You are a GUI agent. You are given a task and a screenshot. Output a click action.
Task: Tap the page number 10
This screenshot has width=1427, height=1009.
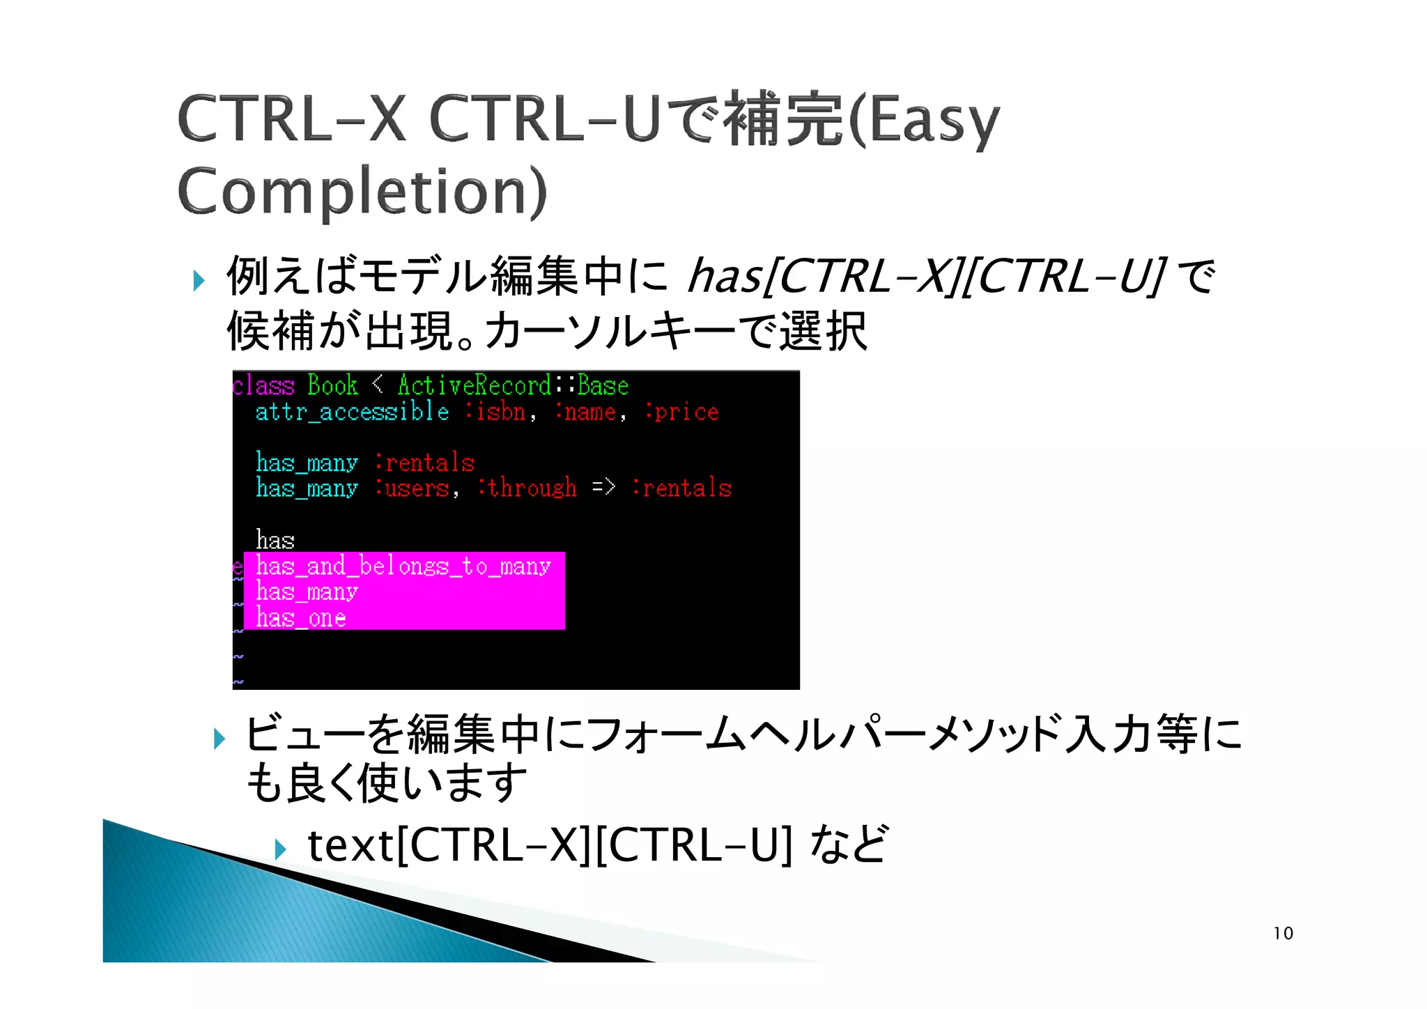point(1283,933)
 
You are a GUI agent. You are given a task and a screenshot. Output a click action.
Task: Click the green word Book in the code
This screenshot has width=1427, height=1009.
point(332,385)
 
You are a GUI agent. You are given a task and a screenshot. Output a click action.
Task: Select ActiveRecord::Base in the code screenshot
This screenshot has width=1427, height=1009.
point(513,385)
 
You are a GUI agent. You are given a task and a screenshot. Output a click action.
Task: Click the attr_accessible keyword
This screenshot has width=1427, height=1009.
point(352,412)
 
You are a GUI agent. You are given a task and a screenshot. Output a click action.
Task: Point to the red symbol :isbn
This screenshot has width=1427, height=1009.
point(496,412)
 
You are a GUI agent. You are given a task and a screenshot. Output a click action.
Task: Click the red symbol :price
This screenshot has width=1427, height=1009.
point(681,412)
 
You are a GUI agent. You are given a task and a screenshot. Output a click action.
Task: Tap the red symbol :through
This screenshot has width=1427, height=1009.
point(527,488)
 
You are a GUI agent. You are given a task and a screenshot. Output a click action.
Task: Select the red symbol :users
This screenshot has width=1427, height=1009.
point(412,488)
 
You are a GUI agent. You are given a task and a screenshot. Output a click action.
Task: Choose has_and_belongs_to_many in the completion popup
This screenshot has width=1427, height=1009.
point(403,566)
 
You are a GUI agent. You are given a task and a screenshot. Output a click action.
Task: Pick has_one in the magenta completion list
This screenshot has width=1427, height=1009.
point(300,617)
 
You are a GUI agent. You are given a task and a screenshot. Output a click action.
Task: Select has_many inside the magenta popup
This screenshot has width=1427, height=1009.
point(307,592)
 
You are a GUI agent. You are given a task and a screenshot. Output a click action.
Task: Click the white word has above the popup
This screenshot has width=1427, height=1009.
point(275,540)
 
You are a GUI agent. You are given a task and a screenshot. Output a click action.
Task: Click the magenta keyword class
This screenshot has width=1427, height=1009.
point(263,385)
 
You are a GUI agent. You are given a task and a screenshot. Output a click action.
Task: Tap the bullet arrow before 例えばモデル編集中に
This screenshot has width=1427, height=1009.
point(199,281)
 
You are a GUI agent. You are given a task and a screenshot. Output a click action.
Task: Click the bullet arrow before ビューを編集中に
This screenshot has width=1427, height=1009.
point(219,739)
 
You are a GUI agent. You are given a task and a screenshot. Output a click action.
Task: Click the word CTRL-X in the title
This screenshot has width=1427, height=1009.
point(291,120)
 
